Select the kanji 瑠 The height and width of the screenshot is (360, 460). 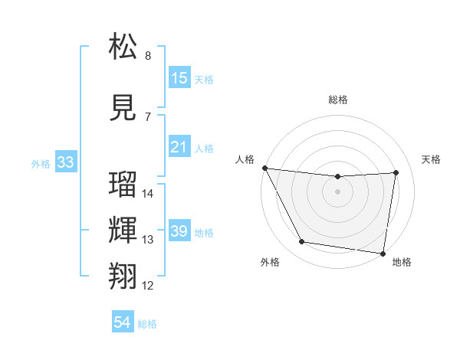coord(123,185)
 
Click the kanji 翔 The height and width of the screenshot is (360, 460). coord(123,277)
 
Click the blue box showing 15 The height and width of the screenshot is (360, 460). coord(179,78)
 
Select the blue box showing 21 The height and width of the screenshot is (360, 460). coord(179,147)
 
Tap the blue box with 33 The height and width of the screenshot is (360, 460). coord(65,162)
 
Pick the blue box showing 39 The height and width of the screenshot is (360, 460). coord(179,231)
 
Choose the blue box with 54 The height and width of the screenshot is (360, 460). coord(122,323)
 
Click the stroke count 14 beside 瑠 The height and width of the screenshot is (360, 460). coord(148,194)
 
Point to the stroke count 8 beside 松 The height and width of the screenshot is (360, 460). coord(148,56)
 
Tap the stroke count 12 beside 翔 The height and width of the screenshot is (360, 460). coord(148,286)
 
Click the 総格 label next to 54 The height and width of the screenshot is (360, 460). coord(147,324)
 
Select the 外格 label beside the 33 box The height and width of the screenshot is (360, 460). coord(41,163)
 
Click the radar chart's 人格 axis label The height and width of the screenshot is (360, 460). coord(246,159)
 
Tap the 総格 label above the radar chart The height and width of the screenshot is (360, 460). coord(338,100)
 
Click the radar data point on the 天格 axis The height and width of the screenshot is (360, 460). coord(396,172)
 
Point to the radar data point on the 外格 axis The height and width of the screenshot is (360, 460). coord(301,242)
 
